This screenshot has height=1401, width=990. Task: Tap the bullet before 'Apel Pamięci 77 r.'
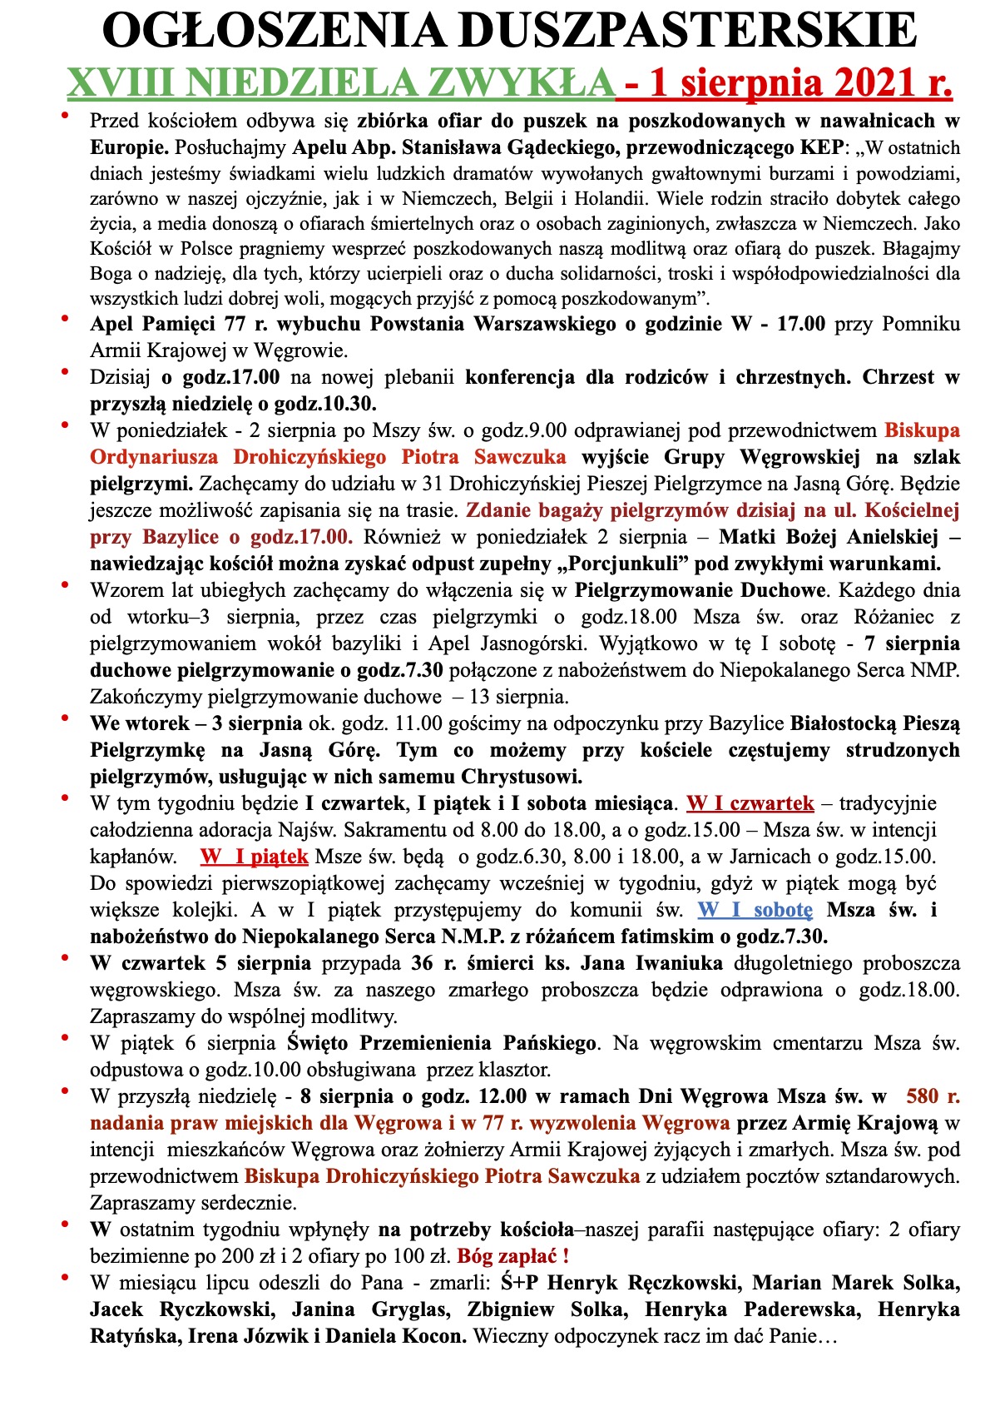point(66,318)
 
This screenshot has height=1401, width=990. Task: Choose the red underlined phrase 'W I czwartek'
point(750,803)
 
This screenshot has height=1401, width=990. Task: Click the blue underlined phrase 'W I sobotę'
point(755,910)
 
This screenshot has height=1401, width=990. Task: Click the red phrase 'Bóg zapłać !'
point(513,1256)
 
